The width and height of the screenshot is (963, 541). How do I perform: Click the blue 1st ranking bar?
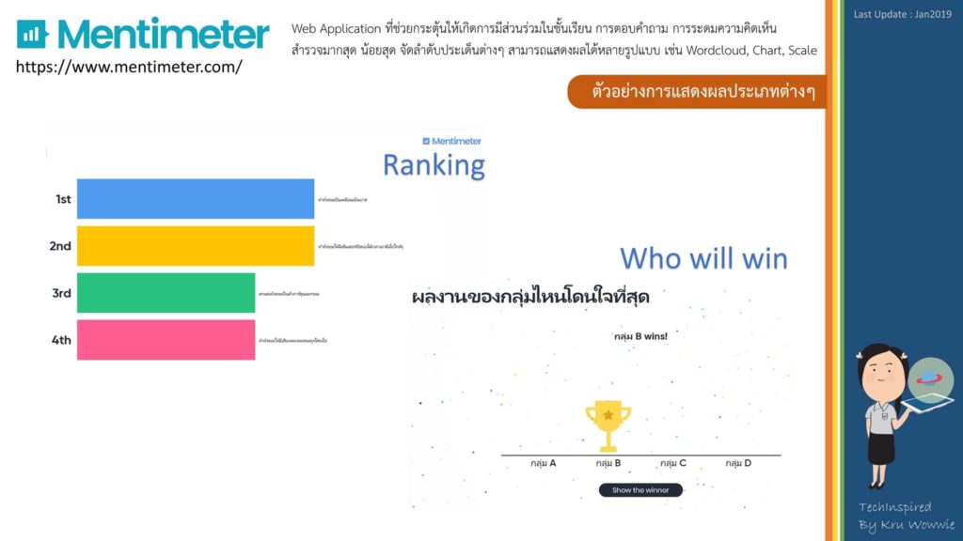[196, 199]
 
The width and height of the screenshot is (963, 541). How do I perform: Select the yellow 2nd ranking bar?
[196, 246]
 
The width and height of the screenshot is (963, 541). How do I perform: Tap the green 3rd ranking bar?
[166, 293]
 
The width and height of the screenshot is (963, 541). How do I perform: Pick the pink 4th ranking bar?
[166, 340]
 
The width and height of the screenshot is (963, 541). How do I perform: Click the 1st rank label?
[63, 199]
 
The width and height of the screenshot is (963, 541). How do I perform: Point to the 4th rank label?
[61, 340]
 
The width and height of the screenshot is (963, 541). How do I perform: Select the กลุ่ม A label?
[543, 463]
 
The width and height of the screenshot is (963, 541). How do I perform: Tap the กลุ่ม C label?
[673, 463]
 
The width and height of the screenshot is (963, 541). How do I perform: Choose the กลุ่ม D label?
[738, 463]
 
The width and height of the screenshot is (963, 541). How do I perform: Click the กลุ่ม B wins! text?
[639, 336]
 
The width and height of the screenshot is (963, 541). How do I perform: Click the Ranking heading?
[434, 166]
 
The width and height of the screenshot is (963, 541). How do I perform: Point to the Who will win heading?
[703, 258]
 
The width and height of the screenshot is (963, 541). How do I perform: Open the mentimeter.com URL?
[129, 67]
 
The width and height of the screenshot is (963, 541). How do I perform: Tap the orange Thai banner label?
[696, 93]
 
